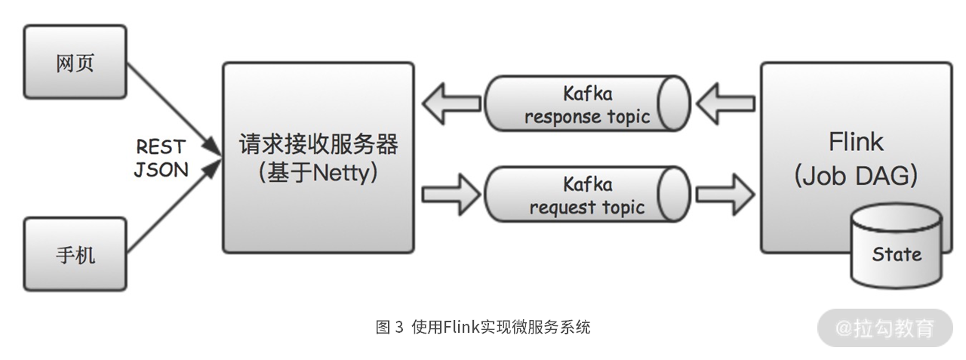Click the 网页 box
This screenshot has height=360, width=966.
(75, 62)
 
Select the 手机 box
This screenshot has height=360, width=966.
(75, 254)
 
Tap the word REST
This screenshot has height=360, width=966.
(161, 146)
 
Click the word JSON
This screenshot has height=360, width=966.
(162, 170)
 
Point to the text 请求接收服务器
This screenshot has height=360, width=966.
(318, 143)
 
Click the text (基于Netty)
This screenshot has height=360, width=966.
(318, 173)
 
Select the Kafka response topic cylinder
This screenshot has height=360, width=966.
(587, 103)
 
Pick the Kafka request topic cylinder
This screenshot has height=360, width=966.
(587, 194)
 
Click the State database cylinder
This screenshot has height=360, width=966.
(897, 247)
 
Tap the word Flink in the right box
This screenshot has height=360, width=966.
(856, 142)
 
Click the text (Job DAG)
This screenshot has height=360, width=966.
(856, 176)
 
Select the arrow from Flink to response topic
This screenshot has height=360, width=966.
(726, 104)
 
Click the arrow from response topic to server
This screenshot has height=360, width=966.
(451, 104)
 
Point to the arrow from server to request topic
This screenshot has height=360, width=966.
(451, 195)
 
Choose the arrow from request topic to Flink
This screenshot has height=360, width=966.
(726, 195)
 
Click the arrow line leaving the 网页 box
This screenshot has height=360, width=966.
(174, 109)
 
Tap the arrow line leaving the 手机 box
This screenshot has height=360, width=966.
(174, 206)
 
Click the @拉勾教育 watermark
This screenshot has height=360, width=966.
(885, 328)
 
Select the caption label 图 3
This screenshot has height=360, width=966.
(389, 327)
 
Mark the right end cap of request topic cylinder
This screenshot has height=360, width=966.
(674, 194)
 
